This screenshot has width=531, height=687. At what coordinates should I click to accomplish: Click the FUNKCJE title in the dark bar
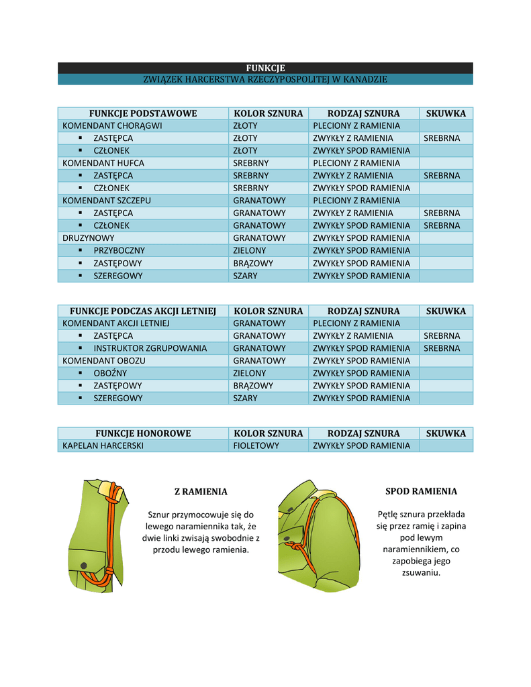pyautogui.click(x=265, y=68)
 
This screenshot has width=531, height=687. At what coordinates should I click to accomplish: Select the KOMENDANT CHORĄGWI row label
pyautogui.click(x=112, y=125)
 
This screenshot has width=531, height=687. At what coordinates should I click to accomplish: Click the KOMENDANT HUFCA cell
pyautogui.click(x=103, y=163)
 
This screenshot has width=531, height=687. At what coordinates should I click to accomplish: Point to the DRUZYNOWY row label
pyautogui.click(x=89, y=238)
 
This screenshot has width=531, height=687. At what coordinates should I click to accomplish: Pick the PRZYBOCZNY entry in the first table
pyautogui.click(x=119, y=250)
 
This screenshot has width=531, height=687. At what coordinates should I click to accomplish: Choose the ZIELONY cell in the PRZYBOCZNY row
pyautogui.click(x=250, y=250)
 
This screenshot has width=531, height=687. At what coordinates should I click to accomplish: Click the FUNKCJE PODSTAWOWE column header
pyautogui.click(x=143, y=113)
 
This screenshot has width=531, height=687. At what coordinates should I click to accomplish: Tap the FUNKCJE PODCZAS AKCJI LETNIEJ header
pyautogui.click(x=143, y=311)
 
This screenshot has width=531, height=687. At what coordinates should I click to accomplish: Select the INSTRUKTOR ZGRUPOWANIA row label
pyautogui.click(x=150, y=348)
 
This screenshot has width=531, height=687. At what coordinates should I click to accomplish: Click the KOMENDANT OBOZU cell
pyautogui.click(x=104, y=361)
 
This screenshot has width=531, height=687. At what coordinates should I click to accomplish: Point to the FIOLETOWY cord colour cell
pyautogui.click(x=256, y=445)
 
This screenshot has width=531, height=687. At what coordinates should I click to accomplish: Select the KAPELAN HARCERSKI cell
pyautogui.click(x=103, y=445)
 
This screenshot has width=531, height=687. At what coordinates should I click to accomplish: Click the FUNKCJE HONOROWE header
pyautogui.click(x=143, y=433)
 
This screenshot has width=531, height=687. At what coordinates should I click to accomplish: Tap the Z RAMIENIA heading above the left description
pyautogui.click(x=201, y=492)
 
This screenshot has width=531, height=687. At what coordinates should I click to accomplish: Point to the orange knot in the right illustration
pyautogui.click(x=296, y=548)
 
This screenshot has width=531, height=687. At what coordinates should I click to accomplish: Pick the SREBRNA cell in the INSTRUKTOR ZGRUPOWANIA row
pyautogui.click(x=442, y=348)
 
